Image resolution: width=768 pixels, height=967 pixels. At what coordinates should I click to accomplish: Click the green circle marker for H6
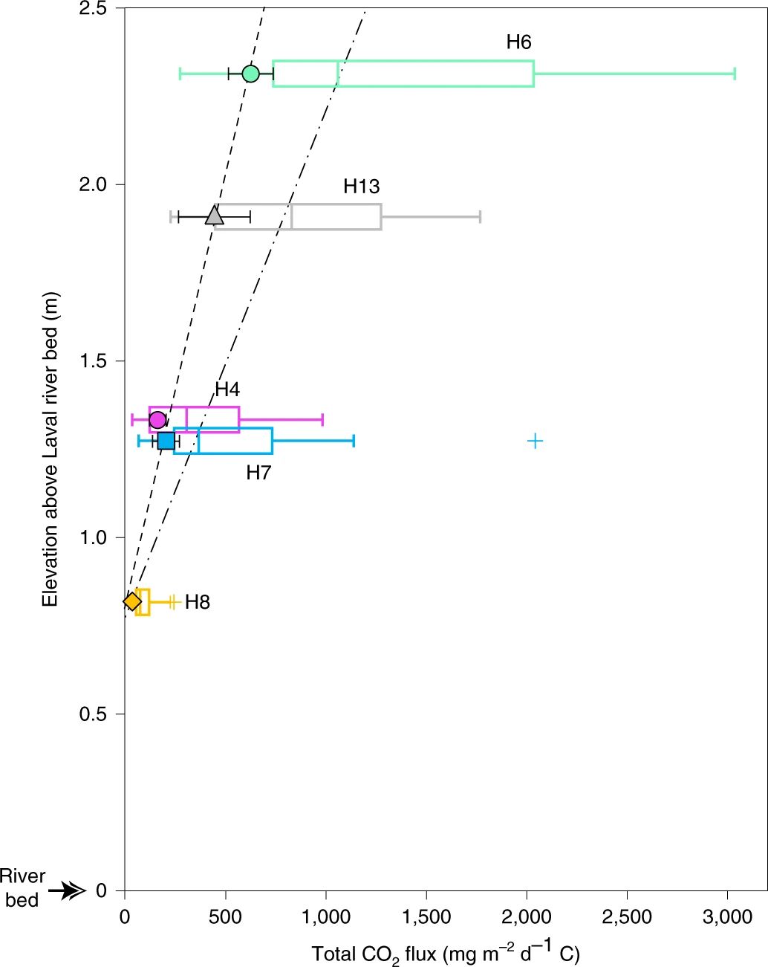pyautogui.click(x=250, y=74)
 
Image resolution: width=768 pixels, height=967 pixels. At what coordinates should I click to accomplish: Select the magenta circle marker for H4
pyautogui.click(x=157, y=419)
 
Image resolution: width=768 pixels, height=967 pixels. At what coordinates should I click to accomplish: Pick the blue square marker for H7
pyautogui.click(x=166, y=441)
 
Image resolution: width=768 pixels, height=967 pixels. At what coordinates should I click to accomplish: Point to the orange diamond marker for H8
pyautogui.click(x=132, y=601)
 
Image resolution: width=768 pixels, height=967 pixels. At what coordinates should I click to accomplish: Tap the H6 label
pyautogui.click(x=518, y=42)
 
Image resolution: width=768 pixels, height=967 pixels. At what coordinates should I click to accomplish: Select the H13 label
pyautogui.click(x=361, y=187)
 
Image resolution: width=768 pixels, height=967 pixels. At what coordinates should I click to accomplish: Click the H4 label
pyautogui.click(x=227, y=389)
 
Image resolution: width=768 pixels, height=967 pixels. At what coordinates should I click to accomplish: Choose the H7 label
pyautogui.click(x=258, y=473)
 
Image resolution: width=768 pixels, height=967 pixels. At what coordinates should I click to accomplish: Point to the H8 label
pyautogui.click(x=198, y=602)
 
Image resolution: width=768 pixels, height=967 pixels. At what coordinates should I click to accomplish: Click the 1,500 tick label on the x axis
pyautogui.click(x=426, y=917)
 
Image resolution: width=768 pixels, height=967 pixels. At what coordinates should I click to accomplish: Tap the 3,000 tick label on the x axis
pyautogui.click(x=727, y=917)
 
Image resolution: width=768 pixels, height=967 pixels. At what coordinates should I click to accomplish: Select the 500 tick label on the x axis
pyautogui.click(x=226, y=917)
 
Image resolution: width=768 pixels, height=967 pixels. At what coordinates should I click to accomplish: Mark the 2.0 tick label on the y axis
pyautogui.click(x=92, y=184)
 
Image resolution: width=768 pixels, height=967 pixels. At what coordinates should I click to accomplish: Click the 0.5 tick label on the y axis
pyautogui.click(x=92, y=714)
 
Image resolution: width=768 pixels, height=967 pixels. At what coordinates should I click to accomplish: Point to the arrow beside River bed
pyautogui.click(x=73, y=890)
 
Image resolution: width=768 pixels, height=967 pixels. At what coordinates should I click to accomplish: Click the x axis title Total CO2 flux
pyautogui.click(x=445, y=954)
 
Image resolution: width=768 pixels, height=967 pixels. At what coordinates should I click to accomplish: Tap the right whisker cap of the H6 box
pyautogui.click(x=735, y=73)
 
